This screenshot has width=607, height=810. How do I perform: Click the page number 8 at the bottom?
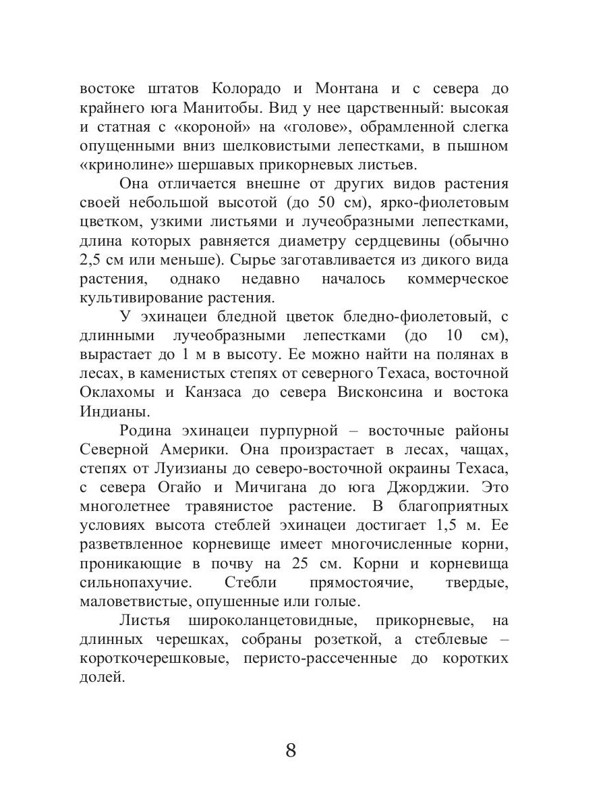click(291, 751)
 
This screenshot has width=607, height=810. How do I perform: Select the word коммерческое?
click(458, 278)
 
